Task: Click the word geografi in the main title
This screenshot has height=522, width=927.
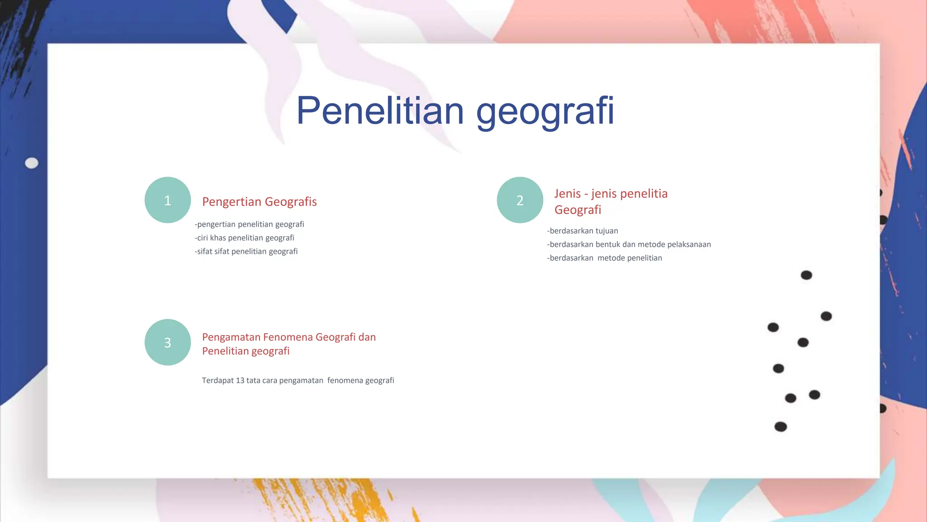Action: [545, 111]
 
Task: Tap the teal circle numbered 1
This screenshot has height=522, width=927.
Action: [167, 200]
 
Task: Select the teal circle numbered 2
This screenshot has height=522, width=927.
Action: [520, 200]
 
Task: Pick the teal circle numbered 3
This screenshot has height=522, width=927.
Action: [167, 342]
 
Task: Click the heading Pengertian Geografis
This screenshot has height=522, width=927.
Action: [259, 202]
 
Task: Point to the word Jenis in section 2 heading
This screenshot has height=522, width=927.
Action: [567, 193]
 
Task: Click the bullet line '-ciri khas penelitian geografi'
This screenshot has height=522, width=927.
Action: [244, 238]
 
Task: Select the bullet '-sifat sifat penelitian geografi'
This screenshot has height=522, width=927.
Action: [246, 251]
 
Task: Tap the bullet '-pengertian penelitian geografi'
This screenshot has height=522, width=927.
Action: [249, 224]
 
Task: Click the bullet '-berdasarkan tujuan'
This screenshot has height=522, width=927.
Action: [583, 231]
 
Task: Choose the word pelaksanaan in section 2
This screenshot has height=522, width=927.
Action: [689, 244]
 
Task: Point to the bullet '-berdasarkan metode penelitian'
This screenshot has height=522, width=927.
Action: [605, 258]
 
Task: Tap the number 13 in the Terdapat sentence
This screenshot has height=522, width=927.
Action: [240, 380]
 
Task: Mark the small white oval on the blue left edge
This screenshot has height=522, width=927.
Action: [31, 163]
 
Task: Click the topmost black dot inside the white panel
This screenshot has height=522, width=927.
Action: [806, 275]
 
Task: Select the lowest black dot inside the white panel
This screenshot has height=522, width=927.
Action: [780, 426]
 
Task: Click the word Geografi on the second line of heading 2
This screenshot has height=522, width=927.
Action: [578, 210]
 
